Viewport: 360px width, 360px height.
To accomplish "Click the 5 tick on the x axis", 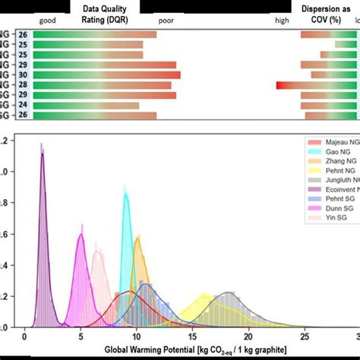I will click(81, 338).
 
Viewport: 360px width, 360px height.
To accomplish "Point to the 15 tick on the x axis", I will click(192, 338).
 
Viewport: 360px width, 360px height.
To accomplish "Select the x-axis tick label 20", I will click(248, 338).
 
